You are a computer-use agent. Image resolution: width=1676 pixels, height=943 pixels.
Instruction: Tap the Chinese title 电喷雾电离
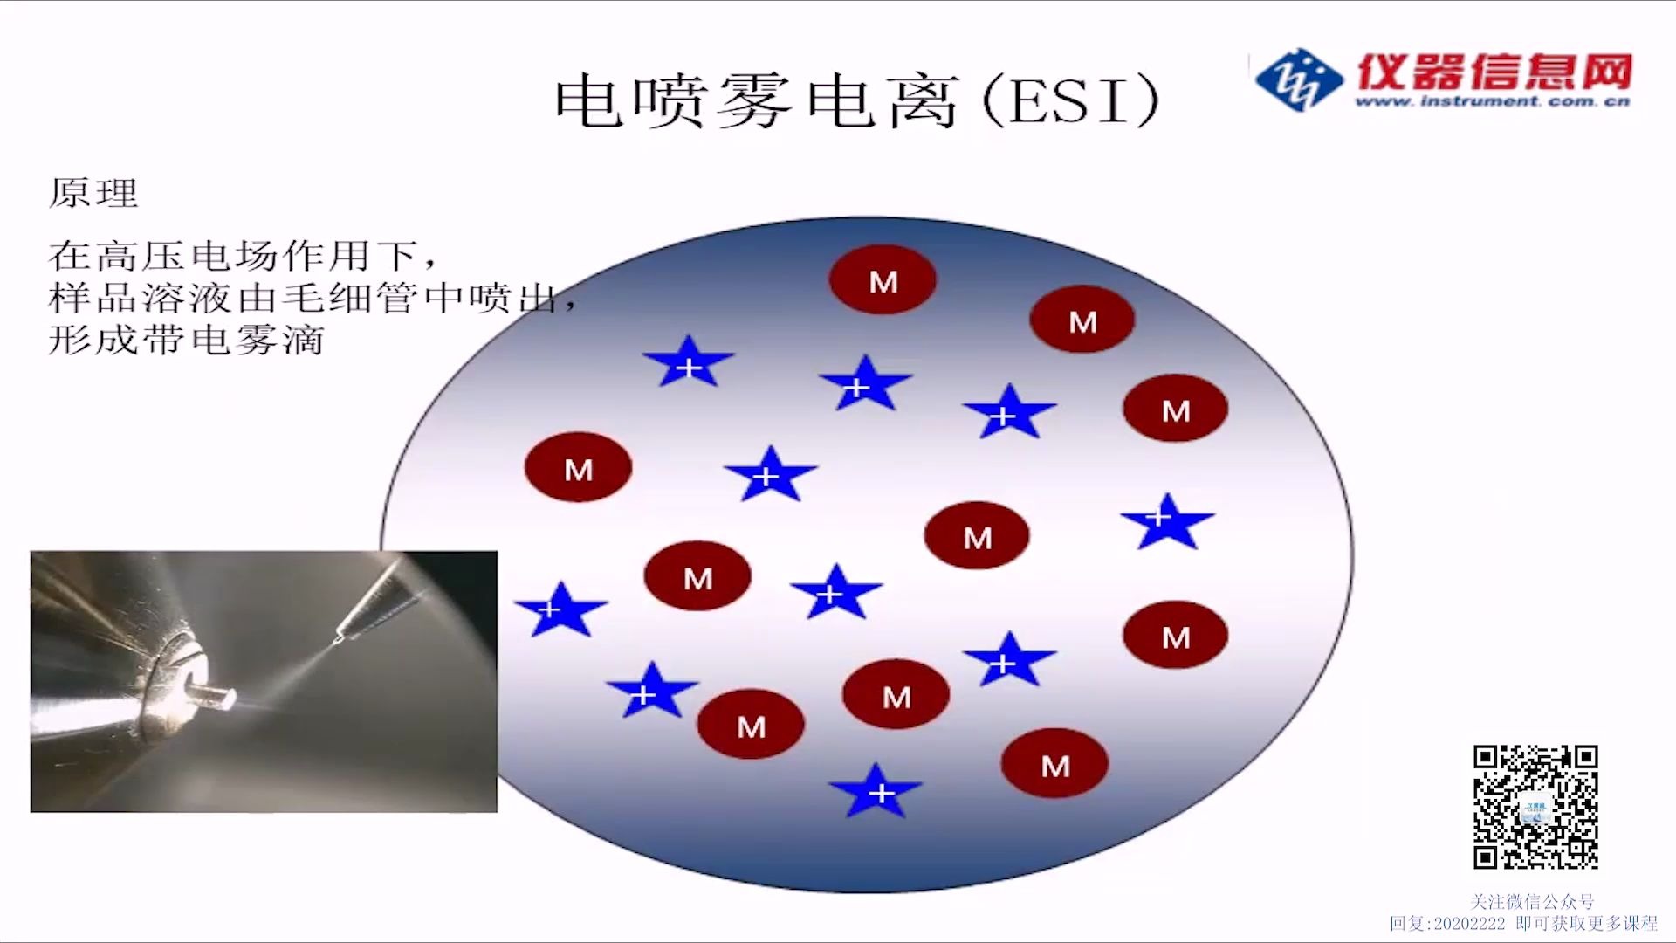756,100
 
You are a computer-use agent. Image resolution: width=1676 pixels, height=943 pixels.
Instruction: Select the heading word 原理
93,193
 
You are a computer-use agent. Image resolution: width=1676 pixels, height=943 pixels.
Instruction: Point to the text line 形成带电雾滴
186,340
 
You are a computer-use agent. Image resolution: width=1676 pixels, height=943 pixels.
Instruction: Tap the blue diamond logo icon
1298,79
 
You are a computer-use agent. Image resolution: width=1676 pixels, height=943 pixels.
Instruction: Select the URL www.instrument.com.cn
1492,101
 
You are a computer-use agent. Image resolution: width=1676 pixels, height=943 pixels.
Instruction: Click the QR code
1535,807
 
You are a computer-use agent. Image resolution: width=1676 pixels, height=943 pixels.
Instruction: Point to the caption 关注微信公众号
1532,901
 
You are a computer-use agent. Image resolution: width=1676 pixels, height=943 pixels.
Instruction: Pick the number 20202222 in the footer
1469,923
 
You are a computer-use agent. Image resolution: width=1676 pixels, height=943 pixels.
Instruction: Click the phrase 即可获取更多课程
1586,923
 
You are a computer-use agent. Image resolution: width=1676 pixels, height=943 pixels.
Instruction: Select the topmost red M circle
883,280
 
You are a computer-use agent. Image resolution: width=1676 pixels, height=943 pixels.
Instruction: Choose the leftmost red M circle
578,468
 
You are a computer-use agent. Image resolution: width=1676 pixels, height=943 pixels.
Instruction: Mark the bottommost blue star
876,791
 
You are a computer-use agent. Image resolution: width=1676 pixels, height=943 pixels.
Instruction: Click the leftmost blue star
560,609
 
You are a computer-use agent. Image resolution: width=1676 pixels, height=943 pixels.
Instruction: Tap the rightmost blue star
1167,521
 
